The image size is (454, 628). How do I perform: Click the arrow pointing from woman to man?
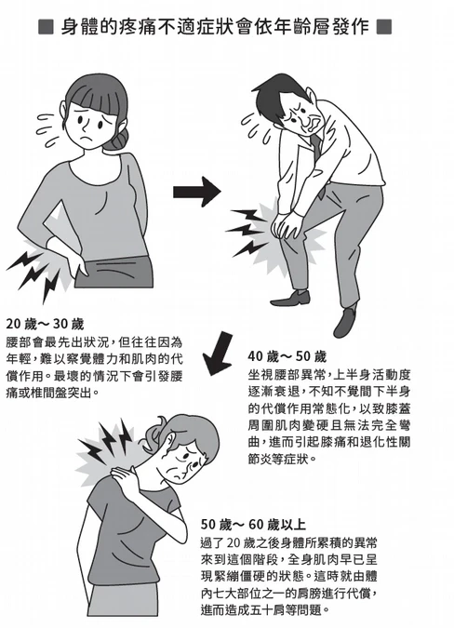coord(197,192)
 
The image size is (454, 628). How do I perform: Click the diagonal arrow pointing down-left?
coord(219,354)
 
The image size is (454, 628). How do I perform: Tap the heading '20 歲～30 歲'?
coord(45,324)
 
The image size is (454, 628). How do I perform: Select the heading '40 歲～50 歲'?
coord(287,356)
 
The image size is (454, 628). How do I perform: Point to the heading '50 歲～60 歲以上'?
coord(253,525)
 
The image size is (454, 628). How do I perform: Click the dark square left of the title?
coord(46,27)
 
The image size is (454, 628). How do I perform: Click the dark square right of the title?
coord(384,27)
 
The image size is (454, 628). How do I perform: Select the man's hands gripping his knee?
coord(285,225)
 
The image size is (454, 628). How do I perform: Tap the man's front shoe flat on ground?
coord(290,299)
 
